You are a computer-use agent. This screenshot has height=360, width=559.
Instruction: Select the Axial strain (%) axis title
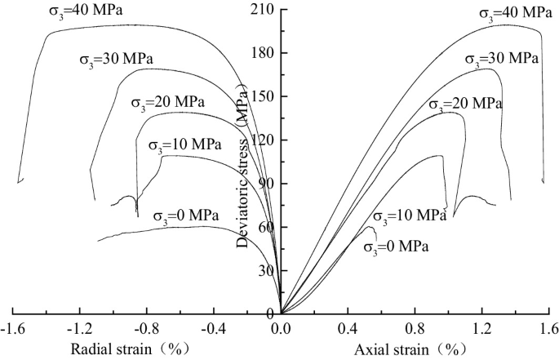(x=414, y=349)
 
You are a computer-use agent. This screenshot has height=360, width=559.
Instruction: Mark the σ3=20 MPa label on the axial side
(x=465, y=104)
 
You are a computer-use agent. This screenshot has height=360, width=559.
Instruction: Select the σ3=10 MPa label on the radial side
(x=184, y=145)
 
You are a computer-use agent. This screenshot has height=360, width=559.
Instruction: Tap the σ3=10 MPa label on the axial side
(x=410, y=216)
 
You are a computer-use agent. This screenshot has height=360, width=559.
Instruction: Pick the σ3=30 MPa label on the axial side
(x=501, y=59)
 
